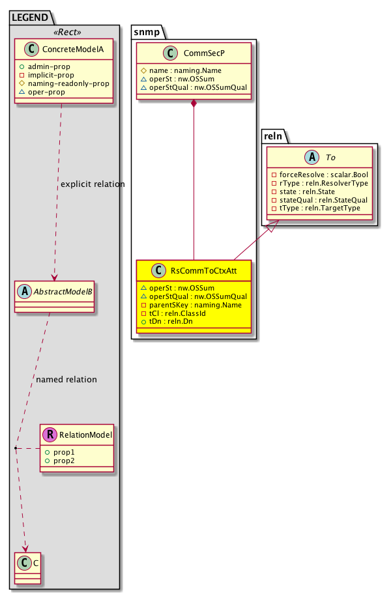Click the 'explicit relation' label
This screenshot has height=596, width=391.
point(92,184)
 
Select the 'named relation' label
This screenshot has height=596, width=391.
point(67,380)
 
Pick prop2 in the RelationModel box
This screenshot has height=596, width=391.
point(63,461)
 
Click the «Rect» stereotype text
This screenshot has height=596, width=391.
point(66,33)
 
